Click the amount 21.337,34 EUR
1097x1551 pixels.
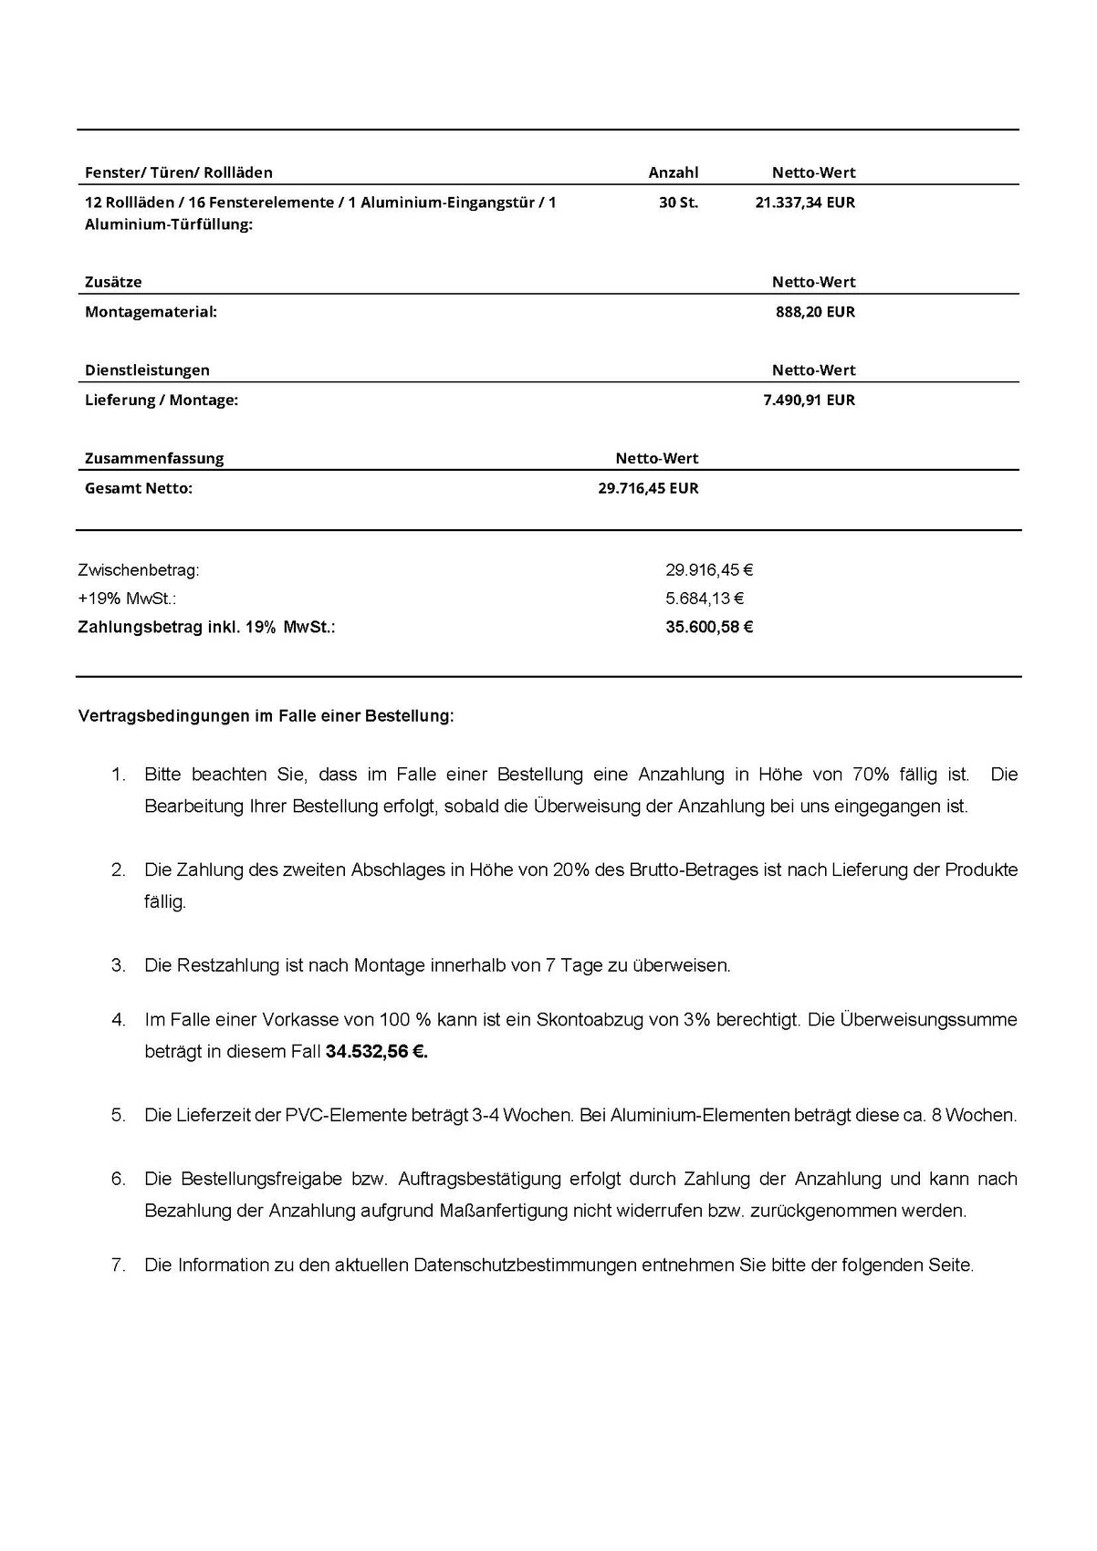point(805,203)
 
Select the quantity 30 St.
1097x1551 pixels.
point(678,203)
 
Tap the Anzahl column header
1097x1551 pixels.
point(673,172)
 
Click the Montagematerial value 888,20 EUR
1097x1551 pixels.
point(815,312)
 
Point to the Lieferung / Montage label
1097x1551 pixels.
point(162,400)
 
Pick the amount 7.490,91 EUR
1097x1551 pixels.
point(809,400)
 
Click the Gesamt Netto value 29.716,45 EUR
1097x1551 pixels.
point(648,488)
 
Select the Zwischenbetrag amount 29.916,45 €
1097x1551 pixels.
point(709,570)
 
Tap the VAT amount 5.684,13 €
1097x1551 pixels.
point(705,599)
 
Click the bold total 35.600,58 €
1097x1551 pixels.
point(709,627)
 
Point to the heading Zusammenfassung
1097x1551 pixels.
point(154,458)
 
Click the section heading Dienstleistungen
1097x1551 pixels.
point(147,370)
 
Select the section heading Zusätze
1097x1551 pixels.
point(113,282)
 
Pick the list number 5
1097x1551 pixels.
point(118,1115)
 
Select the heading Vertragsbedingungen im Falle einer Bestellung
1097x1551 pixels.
point(266,716)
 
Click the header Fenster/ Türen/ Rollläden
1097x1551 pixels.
point(179,172)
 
